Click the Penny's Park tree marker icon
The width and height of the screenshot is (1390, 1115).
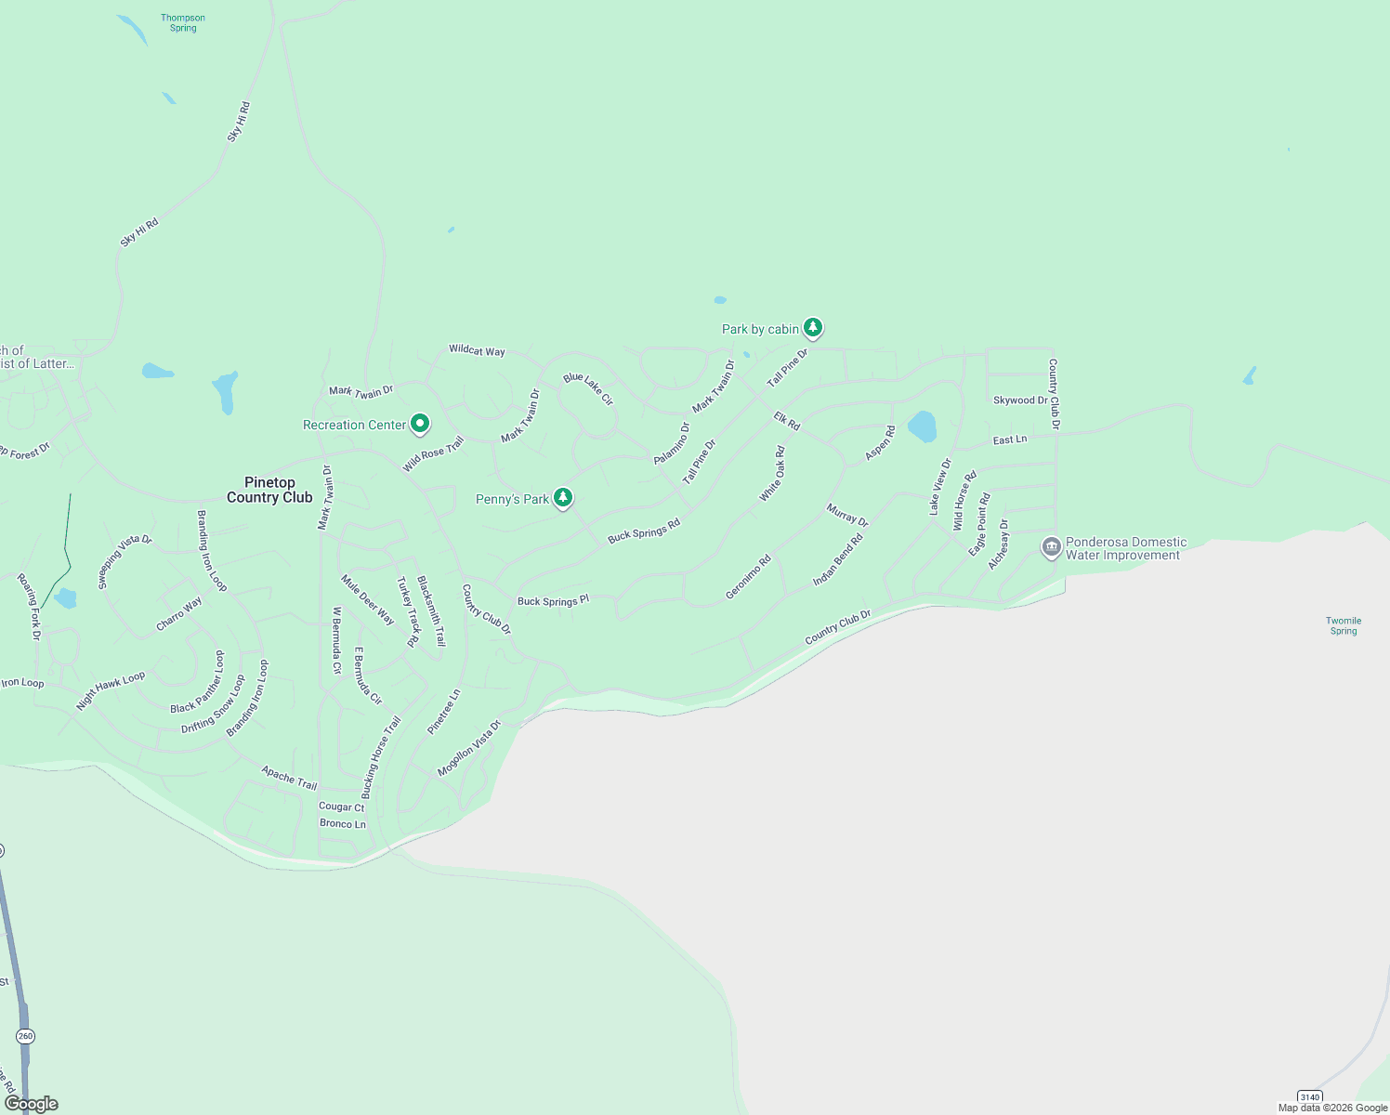tap(562, 498)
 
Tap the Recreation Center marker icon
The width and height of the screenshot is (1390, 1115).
tap(420, 424)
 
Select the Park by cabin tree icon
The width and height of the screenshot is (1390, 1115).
tap(813, 327)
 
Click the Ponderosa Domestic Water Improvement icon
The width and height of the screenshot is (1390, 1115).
tap(1051, 547)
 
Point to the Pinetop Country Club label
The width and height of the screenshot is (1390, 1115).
tap(269, 490)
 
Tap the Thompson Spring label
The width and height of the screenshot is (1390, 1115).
tap(183, 23)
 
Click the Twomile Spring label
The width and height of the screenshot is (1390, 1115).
tap(1344, 625)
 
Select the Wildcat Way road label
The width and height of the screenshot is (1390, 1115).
tap(477, 350)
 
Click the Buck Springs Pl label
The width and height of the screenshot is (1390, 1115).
tap(553, 601)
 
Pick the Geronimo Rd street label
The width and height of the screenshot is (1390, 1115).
tap(748, 576)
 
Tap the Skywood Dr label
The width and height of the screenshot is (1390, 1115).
tap(1019, 400)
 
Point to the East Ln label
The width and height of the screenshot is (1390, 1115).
tap(1010, 439)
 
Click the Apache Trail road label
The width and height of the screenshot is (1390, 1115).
tap(289, 778)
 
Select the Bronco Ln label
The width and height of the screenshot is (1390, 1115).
tap(343, 824)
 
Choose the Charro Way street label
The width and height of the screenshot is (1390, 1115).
tap(179, 614)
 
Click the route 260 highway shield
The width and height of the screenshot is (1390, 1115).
tap(25, 1036)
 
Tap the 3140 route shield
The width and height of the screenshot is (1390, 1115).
tap(1309, 1097)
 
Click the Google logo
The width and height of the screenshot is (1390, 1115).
tap(32, 1104)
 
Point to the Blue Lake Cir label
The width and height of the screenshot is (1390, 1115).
tap(588, 389)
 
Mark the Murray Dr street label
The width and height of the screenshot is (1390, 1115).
tap(847, 516)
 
